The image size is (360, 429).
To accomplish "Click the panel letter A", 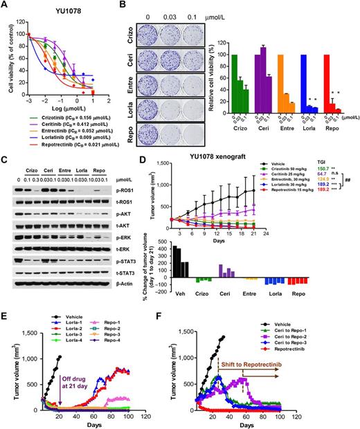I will (x=5, y=6).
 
